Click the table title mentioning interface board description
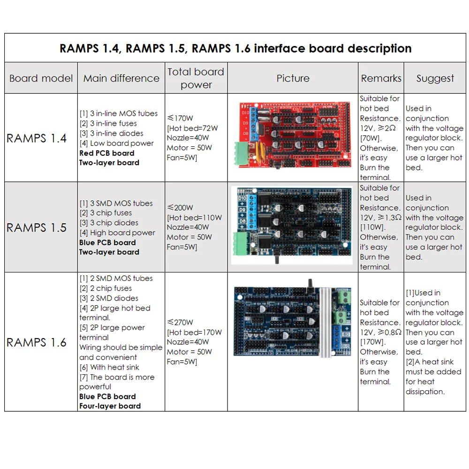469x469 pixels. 235,48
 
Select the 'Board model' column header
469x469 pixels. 41,78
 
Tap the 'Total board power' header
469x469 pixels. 196,78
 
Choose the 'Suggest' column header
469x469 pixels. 435,78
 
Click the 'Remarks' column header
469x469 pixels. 381,78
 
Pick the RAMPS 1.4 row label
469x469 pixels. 37,138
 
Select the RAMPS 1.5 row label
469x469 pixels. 37,228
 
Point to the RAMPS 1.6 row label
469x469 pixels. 37,343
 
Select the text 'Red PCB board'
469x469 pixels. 107,153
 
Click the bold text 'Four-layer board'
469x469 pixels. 110,406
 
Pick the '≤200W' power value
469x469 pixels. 180,208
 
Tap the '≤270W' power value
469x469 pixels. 180,323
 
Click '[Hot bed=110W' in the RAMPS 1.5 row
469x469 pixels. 194,218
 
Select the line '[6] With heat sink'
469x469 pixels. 109,367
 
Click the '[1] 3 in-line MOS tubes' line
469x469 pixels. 118,113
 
